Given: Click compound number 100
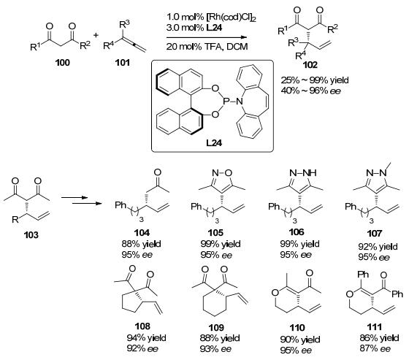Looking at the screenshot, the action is [63, 63].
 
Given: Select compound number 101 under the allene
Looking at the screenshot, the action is [123, 63].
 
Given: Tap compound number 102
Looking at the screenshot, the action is [310, 65].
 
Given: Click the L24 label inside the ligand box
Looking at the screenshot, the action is [214, 143].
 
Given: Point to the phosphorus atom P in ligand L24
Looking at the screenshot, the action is [226, 101].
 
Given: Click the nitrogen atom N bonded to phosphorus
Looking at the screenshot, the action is [239, 101].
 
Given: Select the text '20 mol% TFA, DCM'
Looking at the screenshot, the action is [207, 47].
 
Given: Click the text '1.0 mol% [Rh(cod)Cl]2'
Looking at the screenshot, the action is [211, 17].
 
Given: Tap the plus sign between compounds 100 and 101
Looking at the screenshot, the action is [96, 35].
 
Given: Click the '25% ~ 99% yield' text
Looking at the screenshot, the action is [315, 80].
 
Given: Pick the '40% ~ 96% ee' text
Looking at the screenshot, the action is [311, 91].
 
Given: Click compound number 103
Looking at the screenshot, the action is [31, 235].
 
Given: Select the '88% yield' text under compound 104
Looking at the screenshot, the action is [141, 244].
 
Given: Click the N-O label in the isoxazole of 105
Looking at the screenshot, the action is [222, 172].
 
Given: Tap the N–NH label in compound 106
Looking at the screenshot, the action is [303, 172].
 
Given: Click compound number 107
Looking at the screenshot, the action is [374, 233].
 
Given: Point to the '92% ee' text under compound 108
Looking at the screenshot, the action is [142, 348].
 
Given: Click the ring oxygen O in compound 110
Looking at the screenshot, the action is [275, 292].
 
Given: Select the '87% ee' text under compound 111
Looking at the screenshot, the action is [375, 348].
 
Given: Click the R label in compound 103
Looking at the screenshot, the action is [15, 220].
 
